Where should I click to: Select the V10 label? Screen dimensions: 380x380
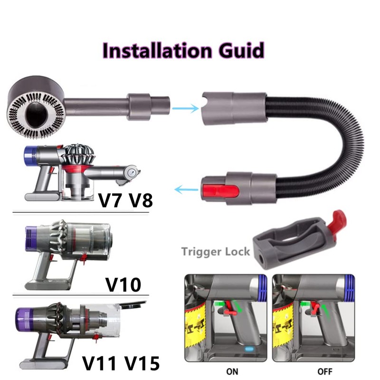coord(123,284)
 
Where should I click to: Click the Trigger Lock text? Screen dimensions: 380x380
coord(215,251)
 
